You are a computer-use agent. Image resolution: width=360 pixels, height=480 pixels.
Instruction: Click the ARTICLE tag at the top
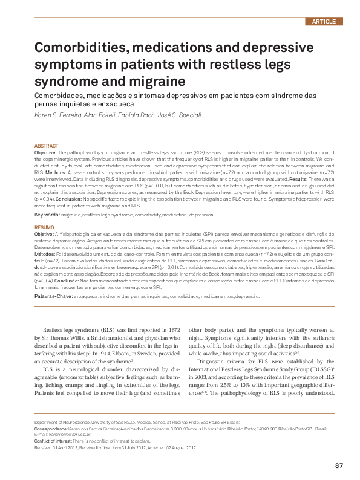pyautogui.click(x=324, y=21)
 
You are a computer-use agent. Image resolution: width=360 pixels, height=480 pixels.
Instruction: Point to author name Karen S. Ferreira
pyautogui.click(x=56, y=115)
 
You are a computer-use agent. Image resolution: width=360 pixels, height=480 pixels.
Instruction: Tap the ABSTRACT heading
pyautogui.click(x=47, y=146)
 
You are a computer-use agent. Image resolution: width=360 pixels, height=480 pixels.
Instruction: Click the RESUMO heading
pyautogui.click(x=45, y=227)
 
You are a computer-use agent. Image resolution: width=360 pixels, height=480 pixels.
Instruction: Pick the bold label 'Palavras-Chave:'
pyautogui.click(x=53, y=296)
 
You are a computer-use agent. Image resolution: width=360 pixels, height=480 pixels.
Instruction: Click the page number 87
pyautogui.click(x=339, y=465)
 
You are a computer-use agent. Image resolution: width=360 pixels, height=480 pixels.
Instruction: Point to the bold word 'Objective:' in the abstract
pyautogui.click(x=45, y=154)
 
